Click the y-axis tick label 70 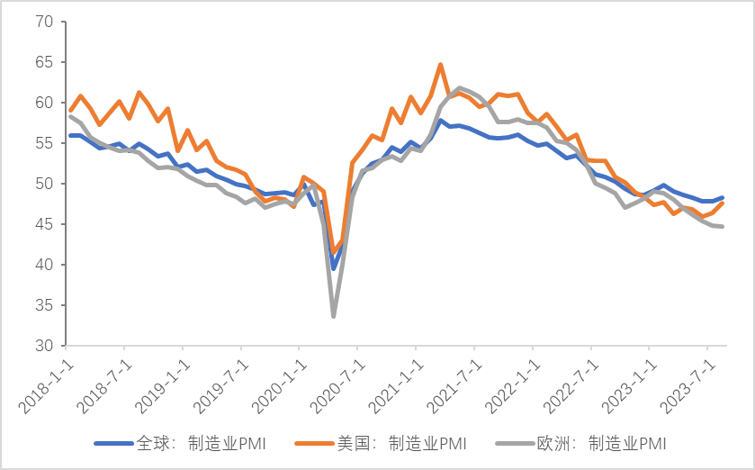(44, 22)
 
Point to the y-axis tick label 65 (44, 62)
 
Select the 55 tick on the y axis (44, 143)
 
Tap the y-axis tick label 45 (44, 224)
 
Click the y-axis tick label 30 (44, 346)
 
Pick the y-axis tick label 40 (44, 265)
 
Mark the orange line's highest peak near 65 (440, 65)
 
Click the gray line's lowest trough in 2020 (334, 316)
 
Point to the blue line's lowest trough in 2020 (334, 268)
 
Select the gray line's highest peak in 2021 (460, 88)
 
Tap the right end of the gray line (723, 226)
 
